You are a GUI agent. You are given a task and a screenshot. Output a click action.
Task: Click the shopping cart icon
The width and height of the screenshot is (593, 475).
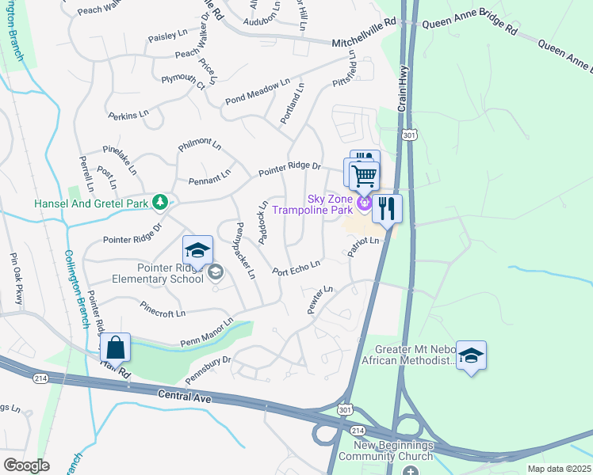pos(364,175)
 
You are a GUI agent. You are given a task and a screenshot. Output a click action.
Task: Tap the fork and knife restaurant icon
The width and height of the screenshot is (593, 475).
pos(386,208)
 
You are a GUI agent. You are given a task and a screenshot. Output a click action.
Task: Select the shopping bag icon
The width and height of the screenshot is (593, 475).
pos(115,346)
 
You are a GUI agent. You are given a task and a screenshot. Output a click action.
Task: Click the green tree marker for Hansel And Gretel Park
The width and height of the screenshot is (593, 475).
pos(160,203)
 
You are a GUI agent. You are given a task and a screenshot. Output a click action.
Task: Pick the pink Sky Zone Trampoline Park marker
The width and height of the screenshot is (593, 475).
pos(364,204)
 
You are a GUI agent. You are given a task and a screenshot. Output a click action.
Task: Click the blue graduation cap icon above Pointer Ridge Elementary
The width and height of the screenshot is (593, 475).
pos(197,251)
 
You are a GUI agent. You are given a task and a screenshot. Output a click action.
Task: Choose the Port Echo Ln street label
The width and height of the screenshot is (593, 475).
pos(296,268)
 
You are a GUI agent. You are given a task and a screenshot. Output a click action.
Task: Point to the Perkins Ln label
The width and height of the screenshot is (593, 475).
pos(129,114)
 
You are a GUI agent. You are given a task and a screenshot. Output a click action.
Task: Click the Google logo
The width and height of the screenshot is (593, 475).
pos(25,465)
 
